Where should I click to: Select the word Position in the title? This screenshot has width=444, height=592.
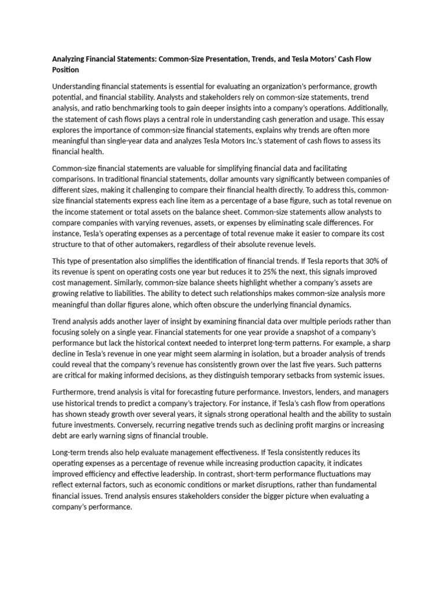pyautogui.click(x=65, y=69)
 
